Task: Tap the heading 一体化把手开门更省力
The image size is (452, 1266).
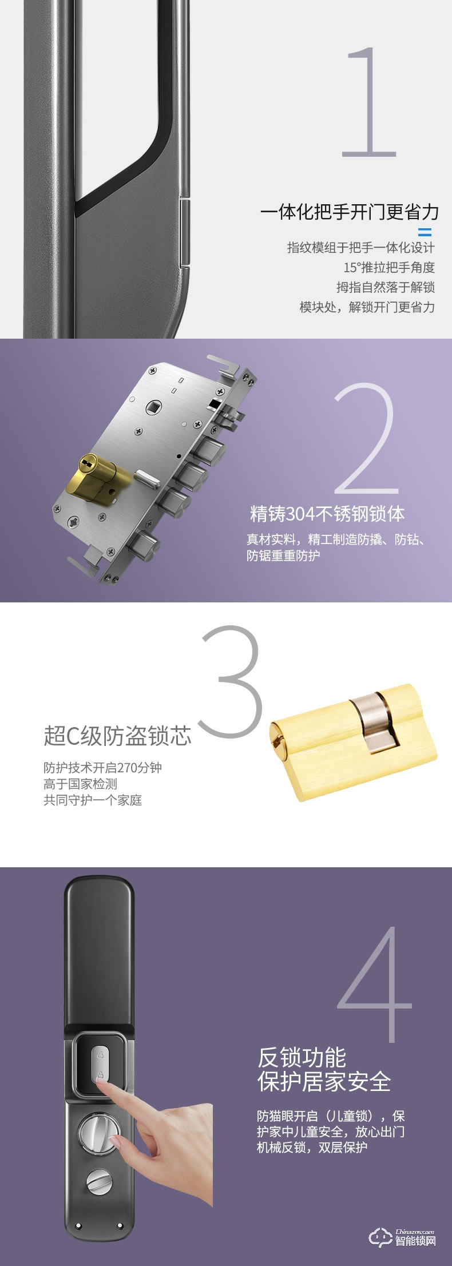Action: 349,213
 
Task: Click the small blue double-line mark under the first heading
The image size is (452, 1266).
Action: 425,232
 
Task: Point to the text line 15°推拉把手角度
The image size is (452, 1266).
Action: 389,267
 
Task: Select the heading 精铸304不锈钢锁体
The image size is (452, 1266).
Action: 327,514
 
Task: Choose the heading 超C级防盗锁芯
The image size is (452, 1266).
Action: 117,736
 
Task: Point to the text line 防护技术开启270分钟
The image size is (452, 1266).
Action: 103,767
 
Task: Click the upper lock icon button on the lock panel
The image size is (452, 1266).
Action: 101,1054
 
